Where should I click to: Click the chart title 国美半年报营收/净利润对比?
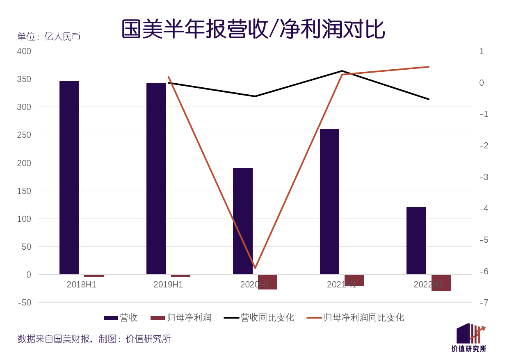pyautogui.click(x=253, y=29)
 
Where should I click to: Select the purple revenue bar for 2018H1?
pyautogui.click(x=69, y=178)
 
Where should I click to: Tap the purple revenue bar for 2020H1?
pyautogui.click(x=243, y=221)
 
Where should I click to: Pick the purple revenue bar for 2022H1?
pyautogui.click(x=416, y=241)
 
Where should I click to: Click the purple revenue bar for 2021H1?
pyautogui.click(x=329, y=202)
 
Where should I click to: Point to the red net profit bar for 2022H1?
pyautogui.click(x=441, y=283)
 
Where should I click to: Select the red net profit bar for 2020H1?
pyautogui.click(x=267, y=282)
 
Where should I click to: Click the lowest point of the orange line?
pyautogui.click(x=255, y=268)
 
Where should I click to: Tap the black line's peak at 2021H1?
pyautogui.click(x=342, y=71)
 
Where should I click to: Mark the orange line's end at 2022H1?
pyautogui.click(x=429, y=67)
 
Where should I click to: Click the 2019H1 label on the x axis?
pyautogui.click(x=168, y=285)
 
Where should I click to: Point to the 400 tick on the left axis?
pyautogui.click(x=24, y=51)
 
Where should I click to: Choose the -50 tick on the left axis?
pyautogui.click(x=24, y=303)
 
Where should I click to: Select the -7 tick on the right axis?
pyautogui.click(x=484, y=303)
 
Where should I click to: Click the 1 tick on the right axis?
pyautogui.click(x=482, y=51)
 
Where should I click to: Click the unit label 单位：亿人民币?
pyautogui.click(x=49, y=36)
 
